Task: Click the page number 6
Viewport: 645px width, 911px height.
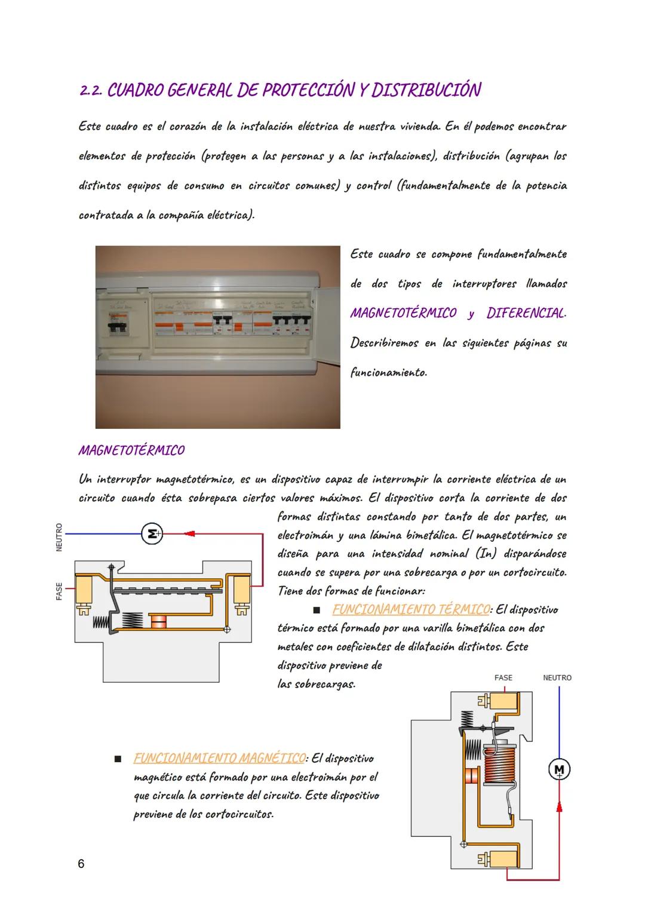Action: pyautogui.click(x=81, y=863)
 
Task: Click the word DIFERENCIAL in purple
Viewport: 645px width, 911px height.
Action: pyautogui.click(x=526, y=313)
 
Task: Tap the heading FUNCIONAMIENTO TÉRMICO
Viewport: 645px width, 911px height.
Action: pyautogui.click(x=410, y=609)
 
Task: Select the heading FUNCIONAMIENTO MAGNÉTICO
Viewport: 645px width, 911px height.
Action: pyautogui.click(x=219, y=758)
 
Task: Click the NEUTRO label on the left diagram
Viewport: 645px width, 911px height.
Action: pyautogui.click(x=59, y=537)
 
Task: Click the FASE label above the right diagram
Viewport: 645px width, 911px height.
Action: pyautogui.click(x=503, y=677)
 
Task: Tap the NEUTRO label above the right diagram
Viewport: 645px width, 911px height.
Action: pyautogui.click(x=557, y=677)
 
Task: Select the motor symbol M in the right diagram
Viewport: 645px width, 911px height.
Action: pyautogui.click(x=559, y=769)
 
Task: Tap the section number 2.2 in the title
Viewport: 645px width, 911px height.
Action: pyautogui.click(x=91, y=91)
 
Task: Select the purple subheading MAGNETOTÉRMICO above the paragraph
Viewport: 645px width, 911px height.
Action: pyautogui.click(x=131, y=450)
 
